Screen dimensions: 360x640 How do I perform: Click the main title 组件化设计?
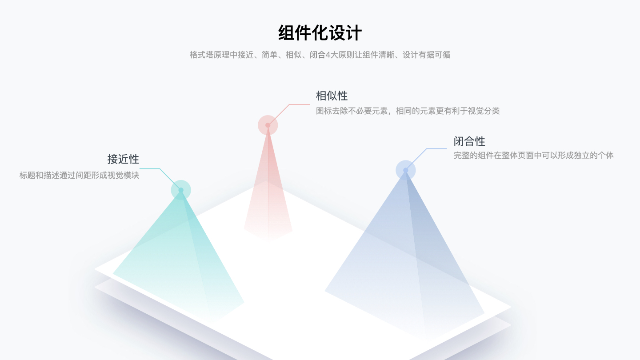click(x=320, y=33)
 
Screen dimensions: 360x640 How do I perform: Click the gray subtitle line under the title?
click(x=320, y=55)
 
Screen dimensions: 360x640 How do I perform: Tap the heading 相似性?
click(x=332, y=96)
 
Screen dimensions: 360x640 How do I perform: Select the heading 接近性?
click(x=123, y=159)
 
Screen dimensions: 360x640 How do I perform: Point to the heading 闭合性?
click(x=469, y=141)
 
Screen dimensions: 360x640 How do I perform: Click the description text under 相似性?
click(x=408, y=111)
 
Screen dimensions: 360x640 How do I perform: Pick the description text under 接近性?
click(x=79, y=175)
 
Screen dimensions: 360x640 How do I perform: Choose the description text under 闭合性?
click(x=533, y=156)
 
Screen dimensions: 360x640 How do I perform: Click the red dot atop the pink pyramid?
click(x=268, y=125)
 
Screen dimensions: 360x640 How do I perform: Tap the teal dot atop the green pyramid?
click(x=181, y=190)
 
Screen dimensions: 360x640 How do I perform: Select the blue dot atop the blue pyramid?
click(x=405, y=170)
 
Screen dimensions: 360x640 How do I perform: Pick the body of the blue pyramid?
click(x=404, y=258)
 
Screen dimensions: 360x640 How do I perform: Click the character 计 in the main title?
click(x=353, y=33)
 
